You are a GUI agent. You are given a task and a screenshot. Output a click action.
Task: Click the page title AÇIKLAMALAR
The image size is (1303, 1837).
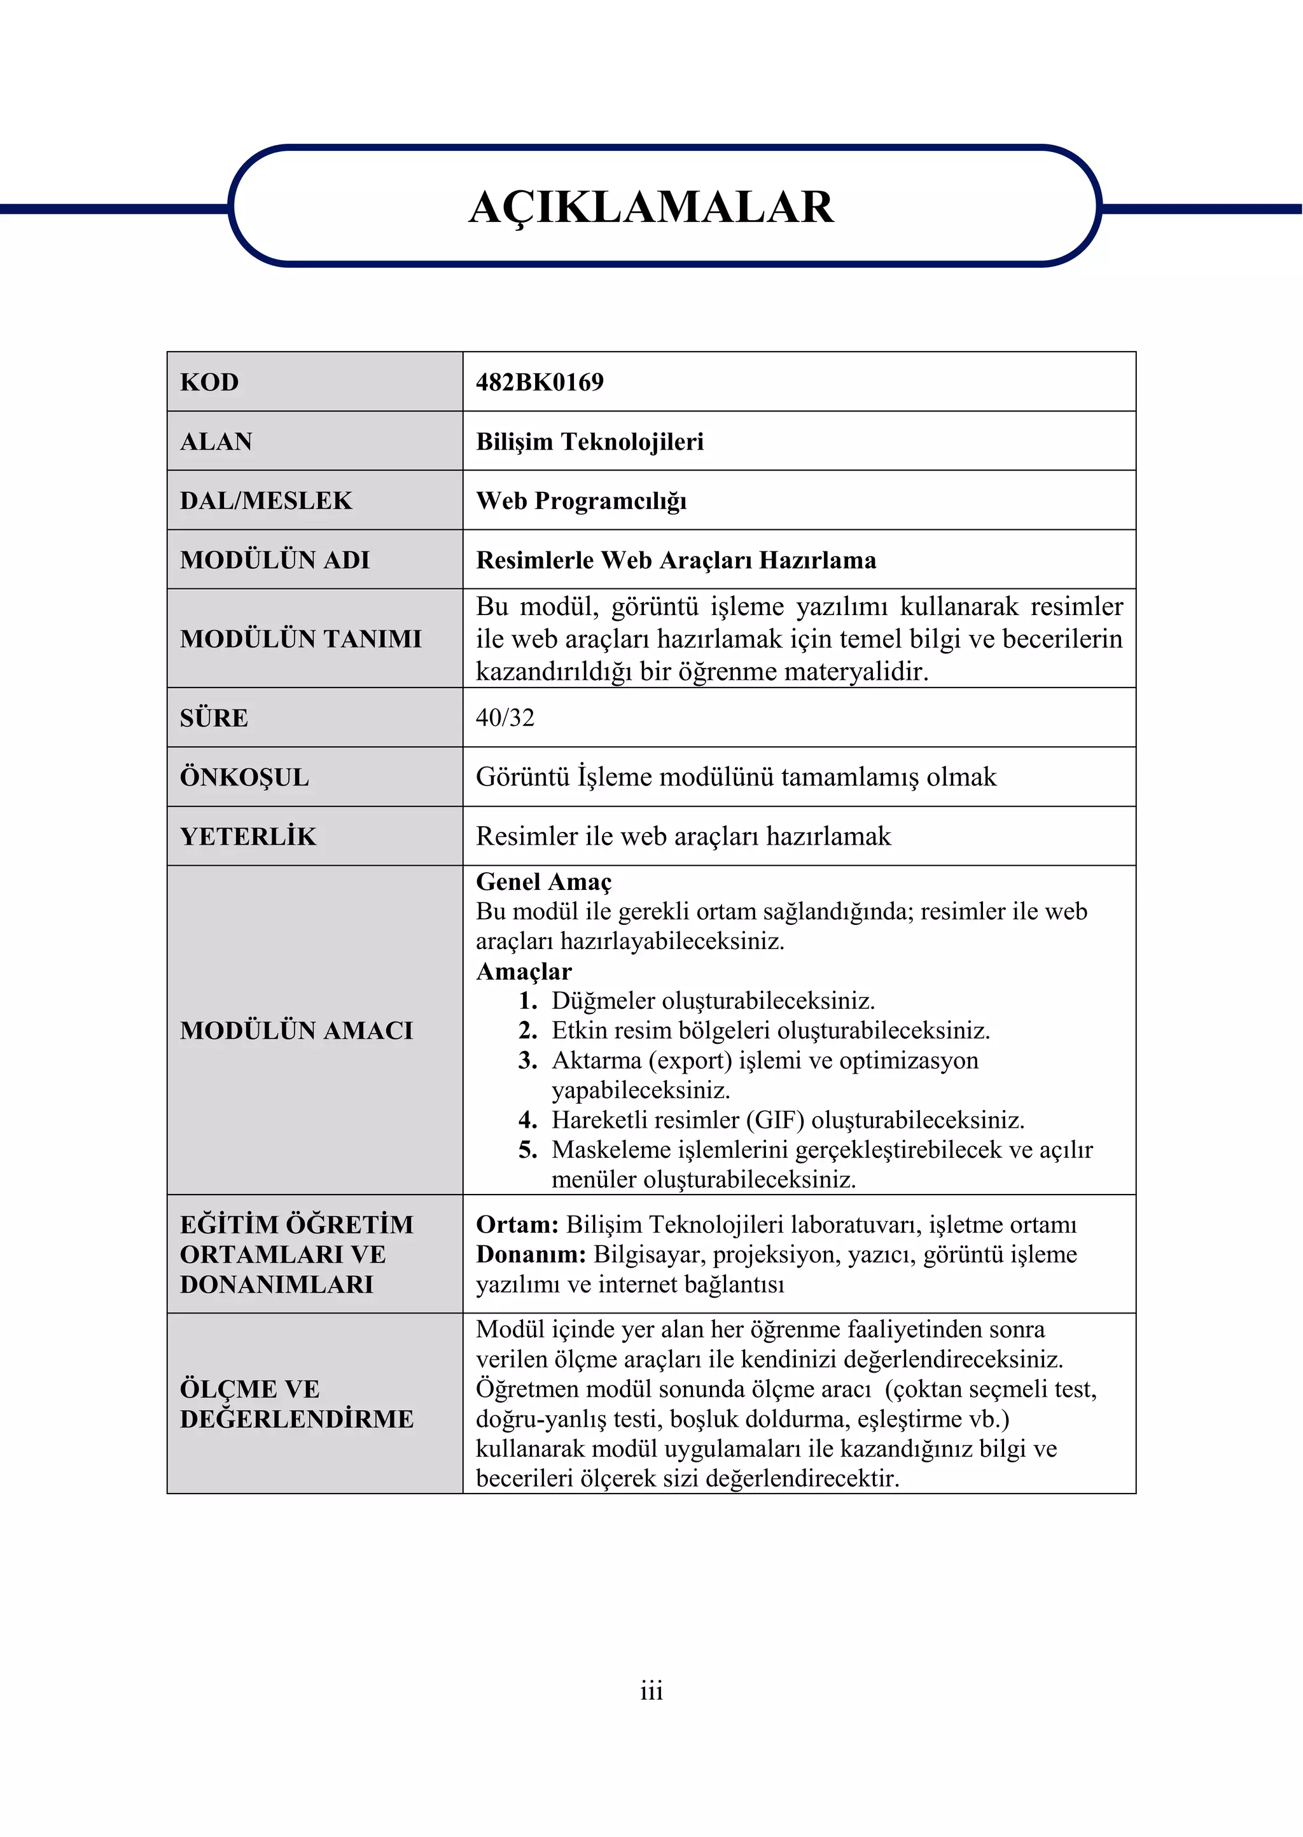[651, 207]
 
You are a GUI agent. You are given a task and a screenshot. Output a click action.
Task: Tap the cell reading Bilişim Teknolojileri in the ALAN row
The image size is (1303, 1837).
[589, 441]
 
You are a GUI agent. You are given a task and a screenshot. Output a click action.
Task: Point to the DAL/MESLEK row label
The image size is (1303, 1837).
[265, 501]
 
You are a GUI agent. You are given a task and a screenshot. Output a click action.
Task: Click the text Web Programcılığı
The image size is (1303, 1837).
[581, 501]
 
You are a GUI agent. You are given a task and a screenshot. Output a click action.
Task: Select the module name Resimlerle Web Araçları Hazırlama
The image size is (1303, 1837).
[676, 560]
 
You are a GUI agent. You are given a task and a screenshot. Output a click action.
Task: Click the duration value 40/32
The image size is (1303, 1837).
[505, 717]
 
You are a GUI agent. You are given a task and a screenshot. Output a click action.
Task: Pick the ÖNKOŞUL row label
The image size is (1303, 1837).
[244, 777]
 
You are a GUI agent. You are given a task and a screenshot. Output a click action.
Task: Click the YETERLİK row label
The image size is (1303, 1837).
[248, 836]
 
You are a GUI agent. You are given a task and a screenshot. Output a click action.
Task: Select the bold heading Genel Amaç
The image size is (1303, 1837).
[543, 882]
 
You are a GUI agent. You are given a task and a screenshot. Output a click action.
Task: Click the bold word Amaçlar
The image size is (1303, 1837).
[523, 971]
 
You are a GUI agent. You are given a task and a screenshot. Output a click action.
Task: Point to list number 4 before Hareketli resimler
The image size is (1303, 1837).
[527, 1120]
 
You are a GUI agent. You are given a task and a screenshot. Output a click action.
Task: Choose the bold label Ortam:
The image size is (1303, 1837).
[517, 1224]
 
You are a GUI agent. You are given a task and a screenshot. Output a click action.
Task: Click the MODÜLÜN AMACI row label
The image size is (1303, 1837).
[296, 1031]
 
